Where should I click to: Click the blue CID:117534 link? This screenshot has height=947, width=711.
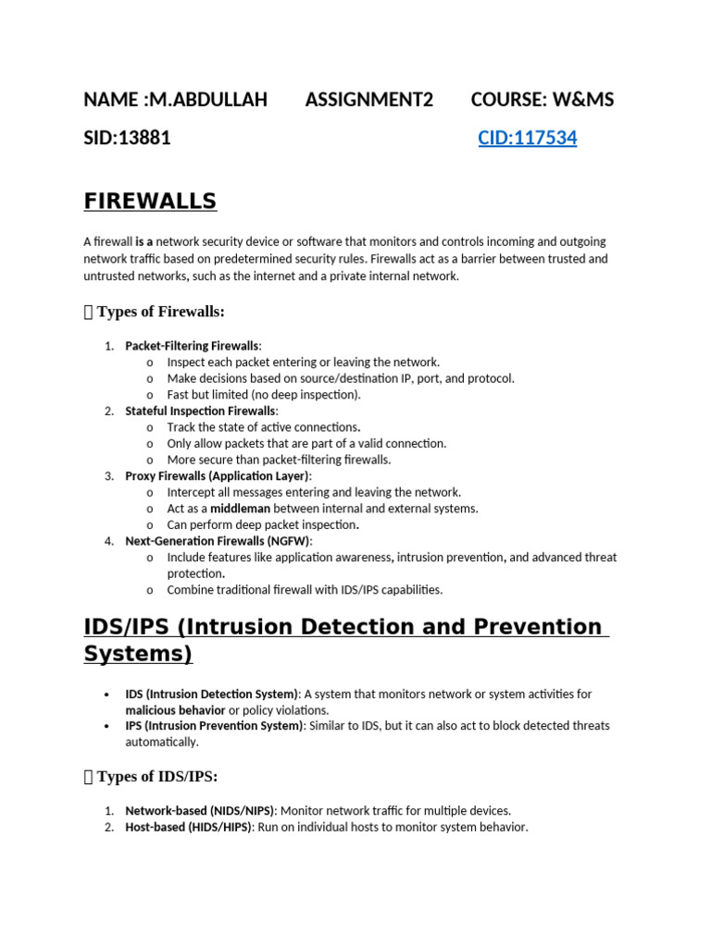(x=527, y=139)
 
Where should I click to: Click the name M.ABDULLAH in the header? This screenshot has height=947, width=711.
(x=205, y=100)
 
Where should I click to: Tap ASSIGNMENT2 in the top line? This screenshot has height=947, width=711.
(x=368, y=100)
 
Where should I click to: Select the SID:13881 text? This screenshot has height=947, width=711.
(x=127, y=139)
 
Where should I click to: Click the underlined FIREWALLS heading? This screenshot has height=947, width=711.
(x=150, y=201)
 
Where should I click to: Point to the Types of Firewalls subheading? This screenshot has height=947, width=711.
(x=160, y=312)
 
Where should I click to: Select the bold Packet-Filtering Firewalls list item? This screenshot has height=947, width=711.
(x=193, y=346)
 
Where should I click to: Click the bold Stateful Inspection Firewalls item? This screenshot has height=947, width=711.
(x=201, y=411)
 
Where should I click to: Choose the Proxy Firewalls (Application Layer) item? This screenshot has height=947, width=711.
(x=218, y=475)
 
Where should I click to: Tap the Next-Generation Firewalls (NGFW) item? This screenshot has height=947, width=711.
(x=218, y=541)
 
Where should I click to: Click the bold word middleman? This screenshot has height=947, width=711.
(x=240, y=509)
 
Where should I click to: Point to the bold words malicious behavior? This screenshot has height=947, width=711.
(x=175, y=710)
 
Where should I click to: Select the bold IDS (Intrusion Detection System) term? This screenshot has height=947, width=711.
(x=212, y=694)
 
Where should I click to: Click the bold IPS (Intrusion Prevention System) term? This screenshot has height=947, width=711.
(x=214, y=726)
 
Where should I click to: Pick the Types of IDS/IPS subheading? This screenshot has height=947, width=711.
(x=156, y=777)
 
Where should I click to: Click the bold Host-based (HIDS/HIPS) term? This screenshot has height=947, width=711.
(x=188, y=827)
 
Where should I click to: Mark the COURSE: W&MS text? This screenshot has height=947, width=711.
(x=542, y=100)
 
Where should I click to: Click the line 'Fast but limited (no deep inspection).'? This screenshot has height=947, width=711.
(x=264, y=394)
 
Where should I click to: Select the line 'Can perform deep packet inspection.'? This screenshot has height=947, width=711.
(x=263, y=524)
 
